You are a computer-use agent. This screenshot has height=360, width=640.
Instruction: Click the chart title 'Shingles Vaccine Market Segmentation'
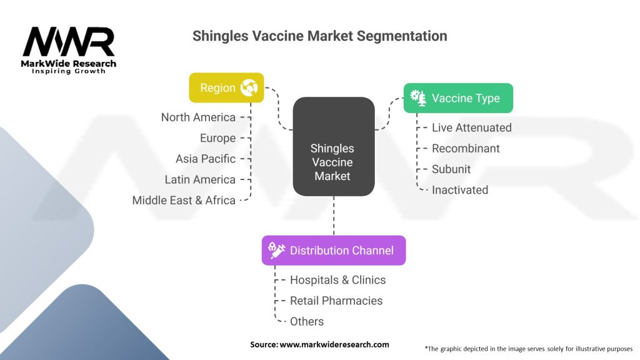319,36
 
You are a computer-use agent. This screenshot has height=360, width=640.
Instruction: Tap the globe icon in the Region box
249,88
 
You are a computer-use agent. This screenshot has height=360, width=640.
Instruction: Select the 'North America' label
198,117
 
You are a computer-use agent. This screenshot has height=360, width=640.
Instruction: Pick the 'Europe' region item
217,138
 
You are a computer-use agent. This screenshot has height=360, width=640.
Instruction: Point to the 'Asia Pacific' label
206,159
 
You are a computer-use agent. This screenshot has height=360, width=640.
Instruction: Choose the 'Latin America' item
200,179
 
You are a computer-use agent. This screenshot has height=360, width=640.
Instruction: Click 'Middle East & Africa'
184,201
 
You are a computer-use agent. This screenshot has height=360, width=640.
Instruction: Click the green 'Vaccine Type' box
457,98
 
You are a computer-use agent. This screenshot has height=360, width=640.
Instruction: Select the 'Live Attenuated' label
471,127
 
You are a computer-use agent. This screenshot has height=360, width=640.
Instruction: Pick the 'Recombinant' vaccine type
466,148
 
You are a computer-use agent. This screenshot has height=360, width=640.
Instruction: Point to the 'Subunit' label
451,169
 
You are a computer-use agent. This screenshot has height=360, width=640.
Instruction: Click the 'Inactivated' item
459,190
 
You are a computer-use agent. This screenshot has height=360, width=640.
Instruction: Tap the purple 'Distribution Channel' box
333,251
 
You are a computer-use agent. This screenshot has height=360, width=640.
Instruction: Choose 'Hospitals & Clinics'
337,280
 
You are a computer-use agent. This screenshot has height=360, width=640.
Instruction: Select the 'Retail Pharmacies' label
336,301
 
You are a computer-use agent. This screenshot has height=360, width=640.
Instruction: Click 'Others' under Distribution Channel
307,321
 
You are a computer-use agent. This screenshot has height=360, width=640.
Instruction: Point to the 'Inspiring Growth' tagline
69,71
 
